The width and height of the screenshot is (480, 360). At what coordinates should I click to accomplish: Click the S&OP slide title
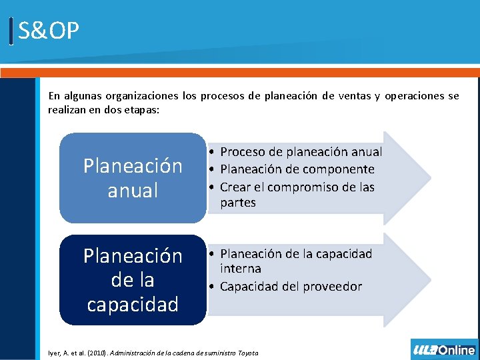pos(49,31)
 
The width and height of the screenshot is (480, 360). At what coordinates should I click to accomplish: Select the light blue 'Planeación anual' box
pos(133,178)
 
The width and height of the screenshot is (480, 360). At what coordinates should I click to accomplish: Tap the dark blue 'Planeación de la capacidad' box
pos(133,280)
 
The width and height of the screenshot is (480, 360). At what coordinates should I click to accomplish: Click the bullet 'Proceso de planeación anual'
pos(301,152)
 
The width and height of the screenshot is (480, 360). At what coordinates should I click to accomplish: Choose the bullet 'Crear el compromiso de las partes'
pos(297,194)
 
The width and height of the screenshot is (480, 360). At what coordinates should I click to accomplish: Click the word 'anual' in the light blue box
pos(133,191)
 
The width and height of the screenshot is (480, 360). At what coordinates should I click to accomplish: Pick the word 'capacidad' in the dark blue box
pos(133,305)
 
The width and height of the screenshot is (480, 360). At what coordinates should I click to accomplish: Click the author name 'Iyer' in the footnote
pos(55,352)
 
